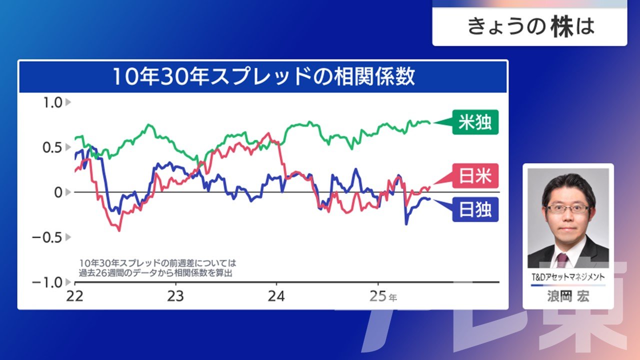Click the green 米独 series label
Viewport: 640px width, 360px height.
[475, 122]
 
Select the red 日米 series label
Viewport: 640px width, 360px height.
[475, 175]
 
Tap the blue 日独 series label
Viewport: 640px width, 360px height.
[475, 209]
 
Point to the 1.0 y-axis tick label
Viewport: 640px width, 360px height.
[52, 102]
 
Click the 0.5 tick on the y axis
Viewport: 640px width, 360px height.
[52, 147]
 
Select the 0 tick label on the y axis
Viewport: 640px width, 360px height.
[58, 192]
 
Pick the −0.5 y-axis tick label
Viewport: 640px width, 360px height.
[47, 237]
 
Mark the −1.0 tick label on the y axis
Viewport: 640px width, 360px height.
[47, 282]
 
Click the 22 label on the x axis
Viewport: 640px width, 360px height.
[74, 296]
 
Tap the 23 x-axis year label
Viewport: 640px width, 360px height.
[175, 296]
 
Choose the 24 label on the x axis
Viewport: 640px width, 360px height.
[276, 296]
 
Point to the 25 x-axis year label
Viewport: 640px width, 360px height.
[378, 296]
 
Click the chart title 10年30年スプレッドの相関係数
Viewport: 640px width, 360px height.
[263, 76]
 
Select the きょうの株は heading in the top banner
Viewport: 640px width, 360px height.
[530, 27]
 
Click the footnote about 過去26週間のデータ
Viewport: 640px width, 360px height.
[157, 268]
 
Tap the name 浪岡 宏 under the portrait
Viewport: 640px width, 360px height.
[568, 296]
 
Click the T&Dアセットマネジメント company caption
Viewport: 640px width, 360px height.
[568, 277]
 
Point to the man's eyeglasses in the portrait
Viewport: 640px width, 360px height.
[568, 208]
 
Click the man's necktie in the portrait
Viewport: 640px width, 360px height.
[562, 260]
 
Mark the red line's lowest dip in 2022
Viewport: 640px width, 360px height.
[119, 230]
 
